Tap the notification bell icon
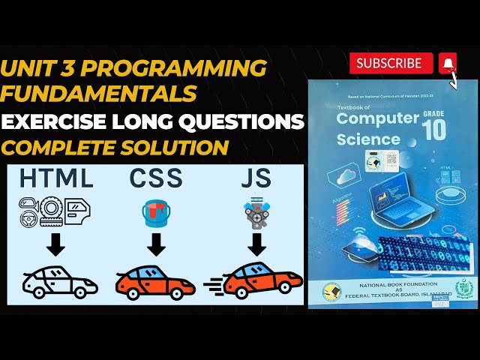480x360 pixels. tap(448, 63)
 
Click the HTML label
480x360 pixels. tap(57, 178)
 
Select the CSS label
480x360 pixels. tap(155, 178)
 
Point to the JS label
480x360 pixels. tap(256, 178)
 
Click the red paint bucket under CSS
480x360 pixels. tap(155, 213)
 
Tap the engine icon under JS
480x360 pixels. tap(256, 214)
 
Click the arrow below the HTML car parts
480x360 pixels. tap(56, 245)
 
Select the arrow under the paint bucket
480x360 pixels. tap(155, 245)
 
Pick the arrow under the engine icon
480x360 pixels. tap(256, 245)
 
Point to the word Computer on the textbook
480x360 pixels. tap(377, 118)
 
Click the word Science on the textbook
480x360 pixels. tap(368, 139)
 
